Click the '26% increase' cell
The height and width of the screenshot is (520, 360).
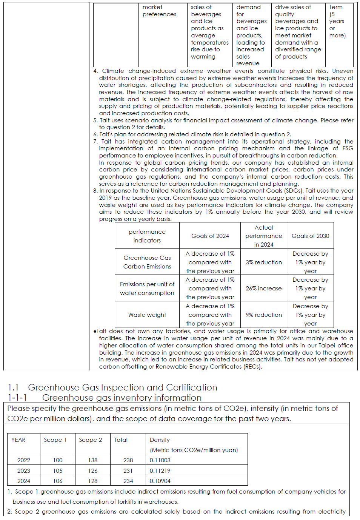(263, 289)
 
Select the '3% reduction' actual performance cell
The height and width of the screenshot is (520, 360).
(263, 262)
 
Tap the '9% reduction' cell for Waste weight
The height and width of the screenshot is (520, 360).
(263, 315)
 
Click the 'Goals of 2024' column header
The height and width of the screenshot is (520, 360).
(210, 236)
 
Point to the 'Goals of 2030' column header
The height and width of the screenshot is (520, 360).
(310, 236)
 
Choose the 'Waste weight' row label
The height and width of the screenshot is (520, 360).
(147, 315)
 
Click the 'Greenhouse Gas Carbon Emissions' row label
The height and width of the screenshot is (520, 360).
(147, 262)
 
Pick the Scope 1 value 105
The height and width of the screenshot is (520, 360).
(58, 471)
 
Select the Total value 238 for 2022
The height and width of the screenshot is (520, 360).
(128, 460)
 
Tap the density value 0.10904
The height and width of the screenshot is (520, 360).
(160, 481)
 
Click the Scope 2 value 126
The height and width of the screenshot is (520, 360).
(93, 471)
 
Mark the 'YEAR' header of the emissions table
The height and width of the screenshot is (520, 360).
(18, 440)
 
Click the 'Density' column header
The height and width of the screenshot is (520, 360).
(160, 440)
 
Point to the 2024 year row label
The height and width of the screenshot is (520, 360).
(23, 481)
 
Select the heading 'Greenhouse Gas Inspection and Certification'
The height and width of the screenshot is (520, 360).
(123, 387)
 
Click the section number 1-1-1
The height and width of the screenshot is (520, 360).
(17, 398)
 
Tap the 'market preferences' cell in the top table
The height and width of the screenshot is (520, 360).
(159, 11)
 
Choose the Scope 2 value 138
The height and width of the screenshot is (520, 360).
(93, 460)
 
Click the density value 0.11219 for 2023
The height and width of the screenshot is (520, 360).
(160, 471)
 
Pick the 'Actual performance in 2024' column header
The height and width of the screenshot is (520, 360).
(263, 236)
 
